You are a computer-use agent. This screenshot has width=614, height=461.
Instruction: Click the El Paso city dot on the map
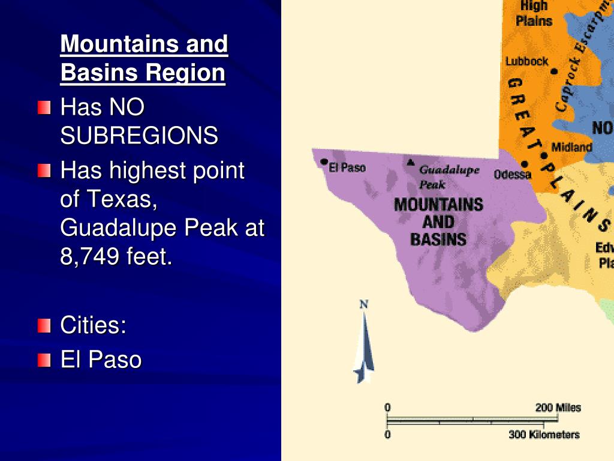coord(324,162)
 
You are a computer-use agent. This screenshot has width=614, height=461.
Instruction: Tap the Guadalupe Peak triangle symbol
coord(411,162)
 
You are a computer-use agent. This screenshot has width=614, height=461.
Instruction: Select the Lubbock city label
coord(526,61)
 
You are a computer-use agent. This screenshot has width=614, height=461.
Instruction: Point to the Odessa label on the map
coord(513,175)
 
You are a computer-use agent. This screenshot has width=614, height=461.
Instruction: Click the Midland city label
coord(571,147)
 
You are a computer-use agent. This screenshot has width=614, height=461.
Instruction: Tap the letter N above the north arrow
coord(363,305)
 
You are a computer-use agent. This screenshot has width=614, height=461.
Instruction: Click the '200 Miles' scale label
coord(558,408)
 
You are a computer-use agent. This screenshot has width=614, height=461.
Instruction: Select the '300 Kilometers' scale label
coord(544,435)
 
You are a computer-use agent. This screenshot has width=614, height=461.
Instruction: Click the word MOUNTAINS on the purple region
coord(438,205)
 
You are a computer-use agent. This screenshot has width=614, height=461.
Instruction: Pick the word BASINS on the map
coord(438,239)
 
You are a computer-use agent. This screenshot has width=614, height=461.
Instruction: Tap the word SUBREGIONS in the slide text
coord(139,136)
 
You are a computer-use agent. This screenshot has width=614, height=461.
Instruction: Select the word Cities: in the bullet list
coord(94,325)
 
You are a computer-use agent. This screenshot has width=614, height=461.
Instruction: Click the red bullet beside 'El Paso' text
coord(44,360)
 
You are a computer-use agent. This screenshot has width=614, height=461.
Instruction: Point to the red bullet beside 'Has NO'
coord(44,108)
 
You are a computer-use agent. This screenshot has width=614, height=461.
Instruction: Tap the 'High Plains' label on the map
coord(534,13)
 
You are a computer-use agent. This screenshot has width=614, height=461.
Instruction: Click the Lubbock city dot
coord(554,71)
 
